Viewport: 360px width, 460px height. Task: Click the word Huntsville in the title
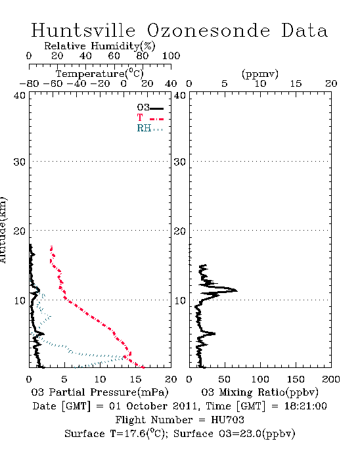pyautogui.click(x=83, y=30)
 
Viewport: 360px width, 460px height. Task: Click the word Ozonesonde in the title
pyautogui.click(x=208, y=30)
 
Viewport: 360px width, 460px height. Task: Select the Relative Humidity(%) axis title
pyautogui.click(x=100, y=46)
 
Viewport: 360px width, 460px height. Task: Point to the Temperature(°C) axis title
pyautogui.click(x=100, y=74)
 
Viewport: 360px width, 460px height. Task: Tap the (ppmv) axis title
pyautogui.click(x=260, y=74)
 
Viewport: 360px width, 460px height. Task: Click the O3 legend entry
pyautogui.click(x=150, y=108)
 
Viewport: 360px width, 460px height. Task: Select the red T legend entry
pyautogui.click(x=150, y=118)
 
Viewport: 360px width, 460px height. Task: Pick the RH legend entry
pyautogui.click(x=150, y=128)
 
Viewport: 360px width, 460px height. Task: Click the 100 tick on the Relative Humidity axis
pyautogui.click(x=171, y=56)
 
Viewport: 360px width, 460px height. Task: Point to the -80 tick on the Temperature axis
pyautogui.click(x=29, y=83)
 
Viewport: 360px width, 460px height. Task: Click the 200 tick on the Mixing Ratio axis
pyautogui.click(x=331, y=379)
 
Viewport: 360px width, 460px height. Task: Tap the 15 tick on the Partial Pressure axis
pyautogui.click(x=135, y=379)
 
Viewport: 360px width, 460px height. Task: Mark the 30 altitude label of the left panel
pyautogui.click(x=19, y=162)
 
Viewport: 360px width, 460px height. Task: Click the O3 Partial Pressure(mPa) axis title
pyautogui.click(x=100, y=392)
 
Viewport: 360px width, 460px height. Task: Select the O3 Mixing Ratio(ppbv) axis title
pyautogui.click(x=259, y=392)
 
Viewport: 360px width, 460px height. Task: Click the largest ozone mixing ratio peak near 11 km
pyautogui.click(x=236, y=290)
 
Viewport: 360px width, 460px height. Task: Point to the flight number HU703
pyautogui.click(x=227, y=420)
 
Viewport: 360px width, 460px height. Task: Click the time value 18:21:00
pyautogui.click(x=305, y=406)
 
